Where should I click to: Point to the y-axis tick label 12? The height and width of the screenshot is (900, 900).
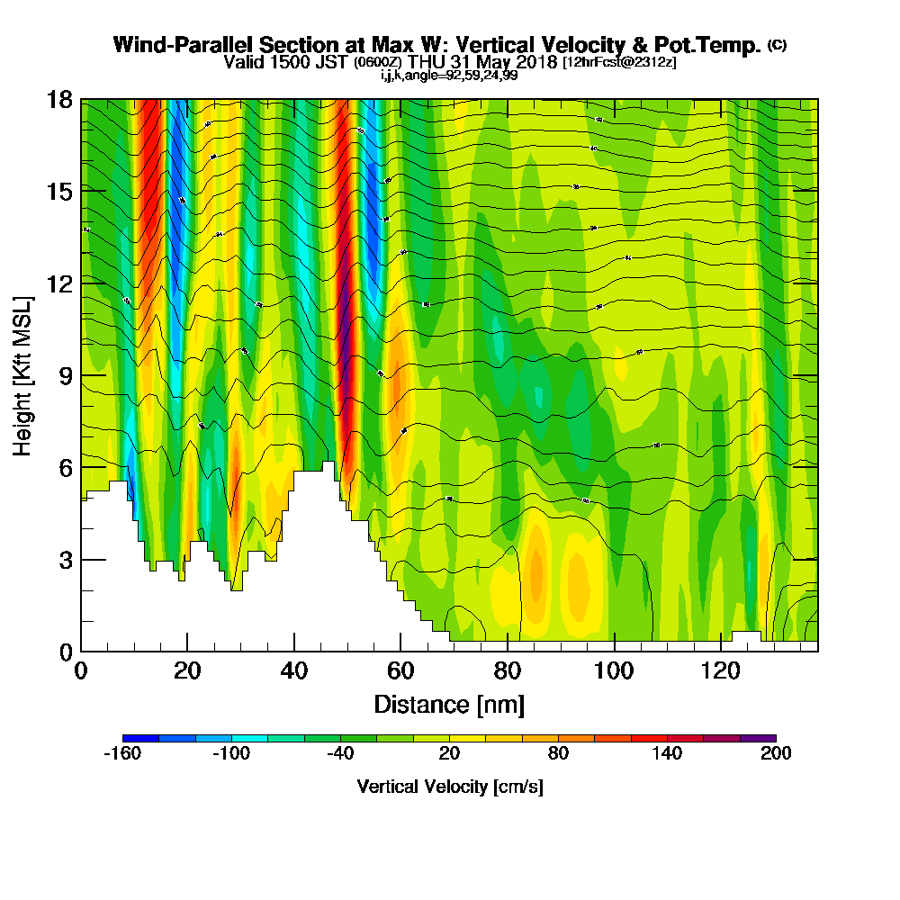(59, 283)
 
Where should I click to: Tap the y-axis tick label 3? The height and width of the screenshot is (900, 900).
(65, 560)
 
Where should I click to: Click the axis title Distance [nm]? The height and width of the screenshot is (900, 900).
(449, 704)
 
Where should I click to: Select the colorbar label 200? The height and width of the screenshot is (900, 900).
(775, 754)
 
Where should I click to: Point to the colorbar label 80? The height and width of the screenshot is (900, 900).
(558, 754)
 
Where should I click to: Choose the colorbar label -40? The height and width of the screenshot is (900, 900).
(340, 754)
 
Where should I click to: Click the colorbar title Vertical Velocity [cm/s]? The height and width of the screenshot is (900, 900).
(449, 787)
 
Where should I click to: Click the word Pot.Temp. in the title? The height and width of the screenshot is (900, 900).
(715, 45)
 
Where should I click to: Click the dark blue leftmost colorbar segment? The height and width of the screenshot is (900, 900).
(140, 738)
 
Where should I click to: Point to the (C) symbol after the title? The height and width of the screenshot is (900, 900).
(777, 44)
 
